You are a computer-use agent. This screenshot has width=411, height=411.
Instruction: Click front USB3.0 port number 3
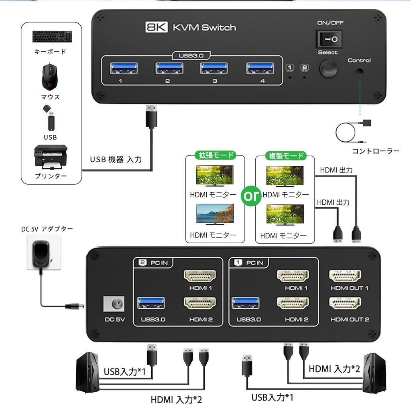point(215,69)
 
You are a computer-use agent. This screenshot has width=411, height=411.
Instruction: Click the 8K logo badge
point(157,28)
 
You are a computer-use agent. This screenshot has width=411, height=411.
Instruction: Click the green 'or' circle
point(250,196)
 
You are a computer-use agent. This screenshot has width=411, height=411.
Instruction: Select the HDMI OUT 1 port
point(345,277)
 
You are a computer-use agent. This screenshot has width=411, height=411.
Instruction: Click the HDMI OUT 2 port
point(345,303)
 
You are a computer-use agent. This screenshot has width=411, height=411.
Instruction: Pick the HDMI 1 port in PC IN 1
point(293,277)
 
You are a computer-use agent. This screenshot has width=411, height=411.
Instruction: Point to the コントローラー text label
point(375,151)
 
